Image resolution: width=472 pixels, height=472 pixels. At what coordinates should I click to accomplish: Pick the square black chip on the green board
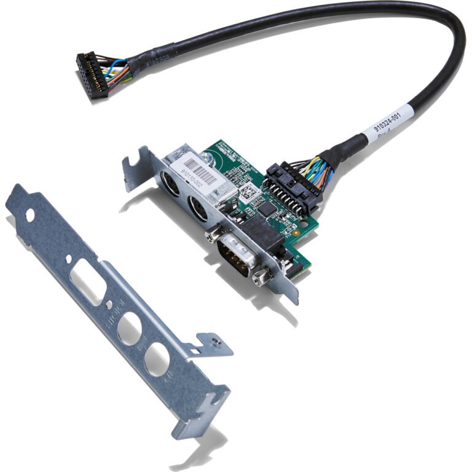coord(267,210)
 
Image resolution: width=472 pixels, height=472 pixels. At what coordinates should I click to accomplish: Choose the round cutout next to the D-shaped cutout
coord(128,329)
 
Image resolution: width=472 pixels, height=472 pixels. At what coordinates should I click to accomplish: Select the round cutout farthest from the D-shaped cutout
coord(157,358)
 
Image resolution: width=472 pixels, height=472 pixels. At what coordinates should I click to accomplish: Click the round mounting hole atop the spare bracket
coord(29,215)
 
